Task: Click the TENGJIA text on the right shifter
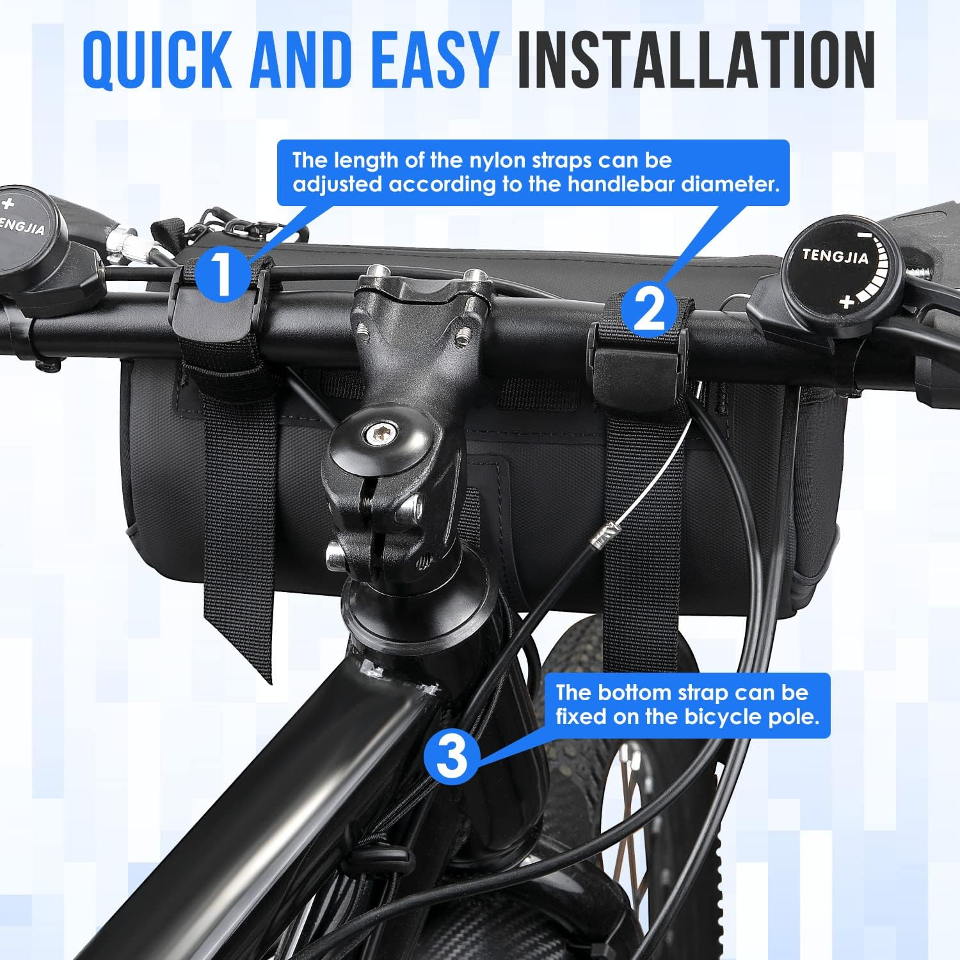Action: [835, 256]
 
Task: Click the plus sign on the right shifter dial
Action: [847, 301]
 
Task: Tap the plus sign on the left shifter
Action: [7, 205]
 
